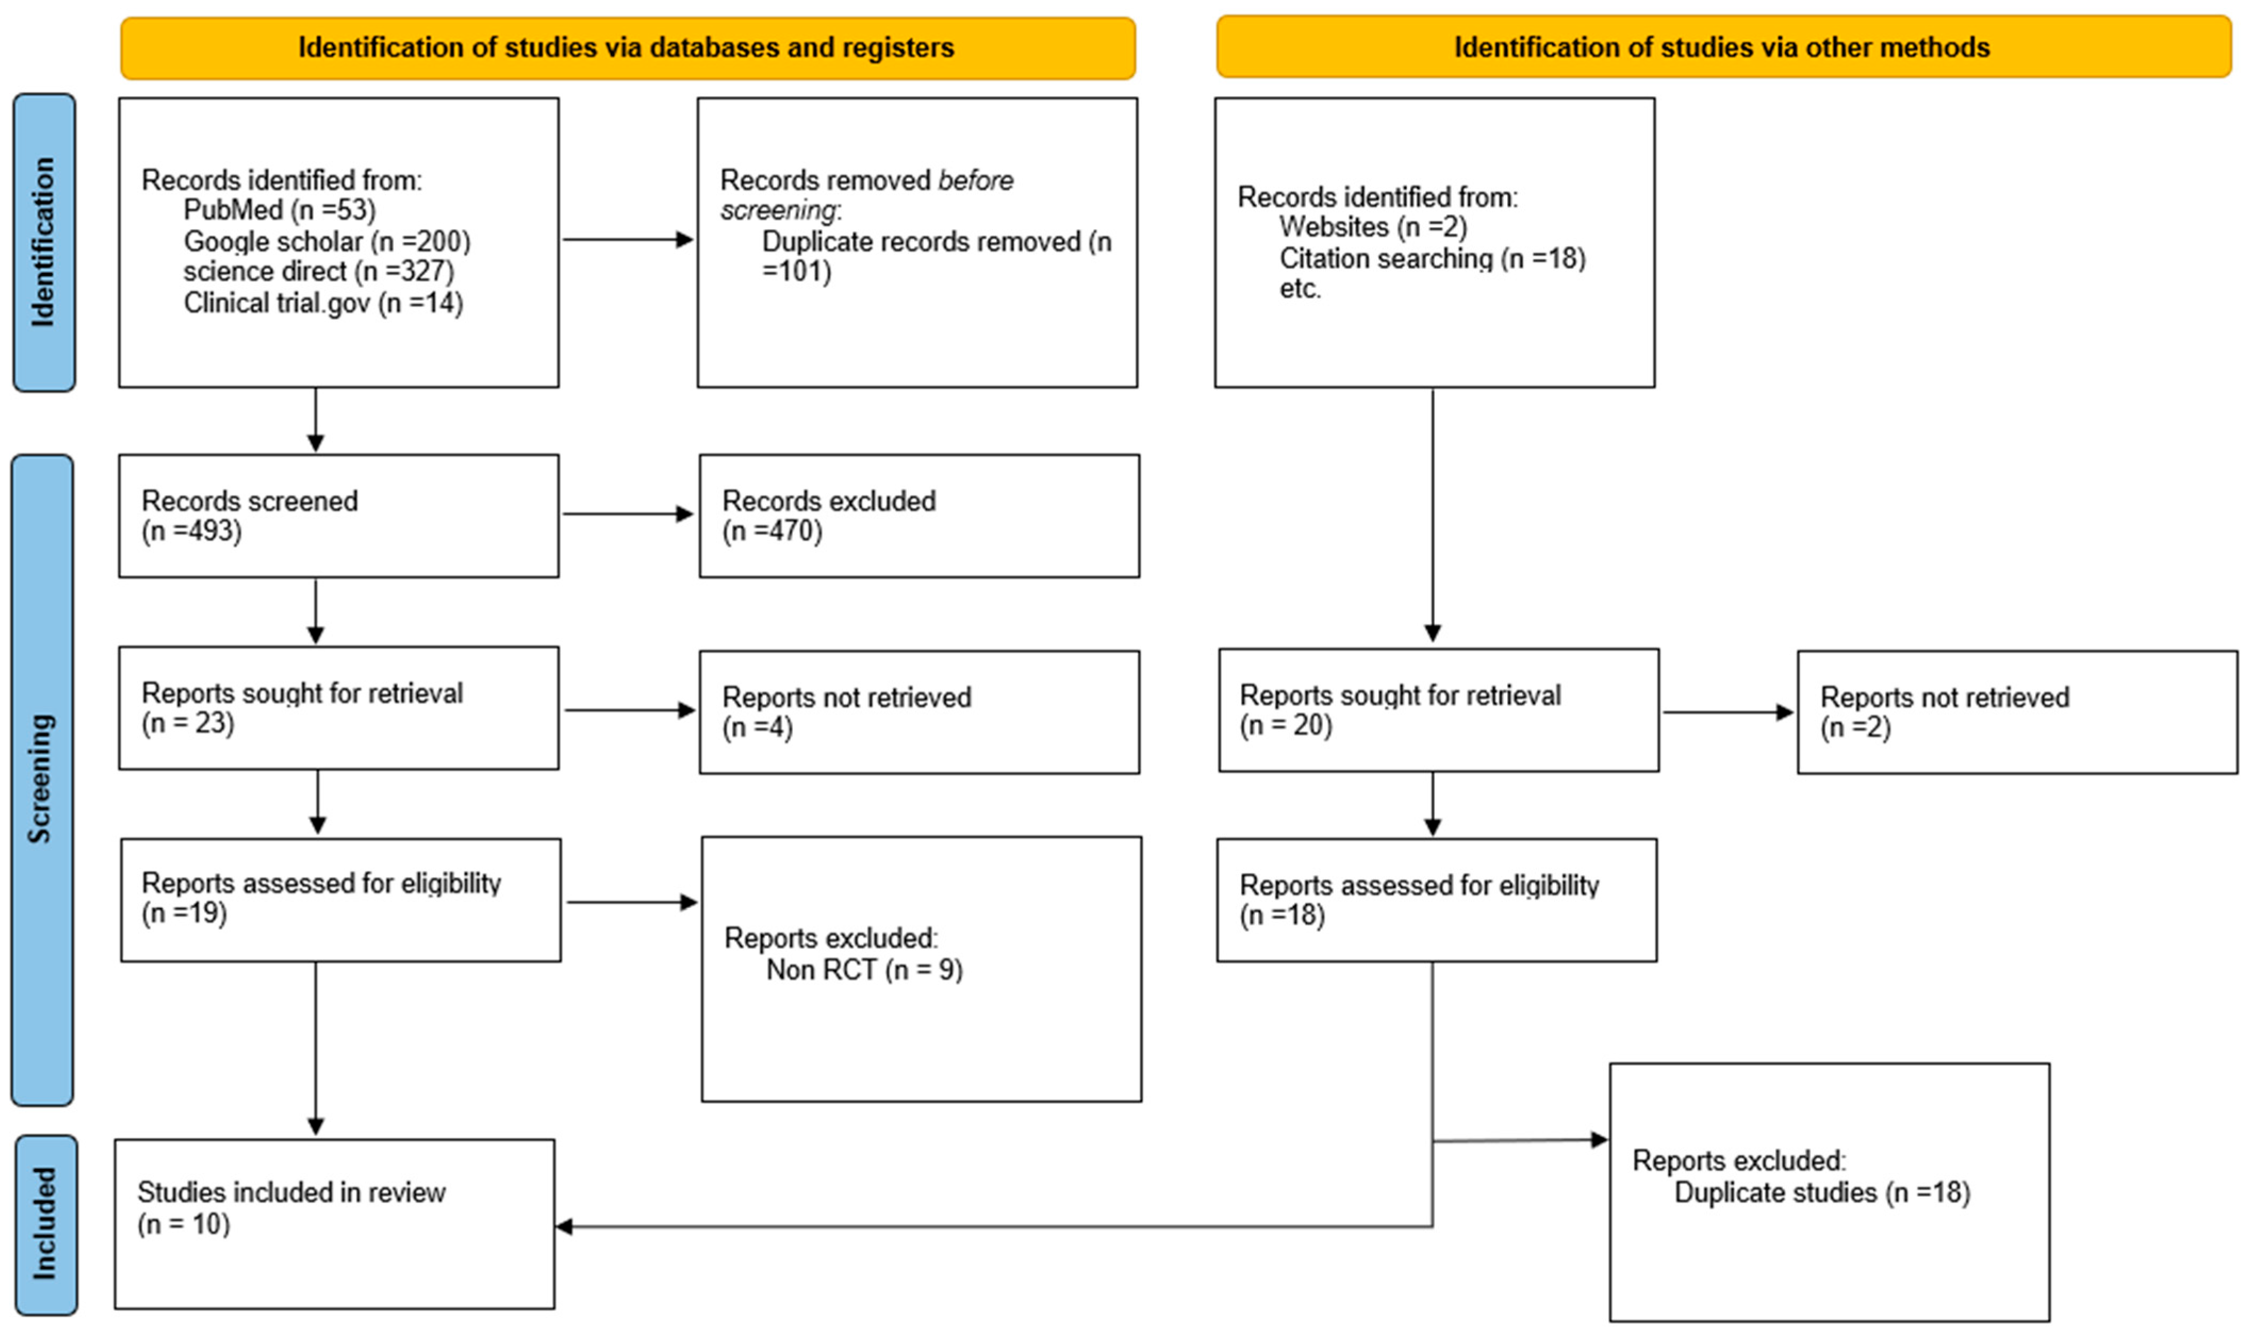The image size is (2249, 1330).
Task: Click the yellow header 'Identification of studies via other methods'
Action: pyautogui.click(x=1723, y=47)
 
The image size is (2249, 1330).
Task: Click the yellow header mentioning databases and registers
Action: pyautogui.click(x=627, y=47)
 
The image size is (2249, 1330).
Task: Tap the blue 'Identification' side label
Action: pyautogui.click(x=44, y=242)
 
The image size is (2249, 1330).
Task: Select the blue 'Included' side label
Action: pyautogui.click(x=46, y=1224)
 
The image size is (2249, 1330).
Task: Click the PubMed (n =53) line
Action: pyautogui.click(x=279, y=210)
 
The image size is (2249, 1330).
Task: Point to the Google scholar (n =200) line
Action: pyautogui.click(x=327, y=241)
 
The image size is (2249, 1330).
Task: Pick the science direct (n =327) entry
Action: pyautogui.click(x=319, y=271)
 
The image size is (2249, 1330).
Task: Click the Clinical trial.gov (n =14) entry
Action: pyautogui.click(x=324, y=303)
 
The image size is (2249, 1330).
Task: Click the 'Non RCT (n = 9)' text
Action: pyautogui.click(x=865, y=970)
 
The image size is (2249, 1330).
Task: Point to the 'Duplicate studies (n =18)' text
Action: pyautogui.click(x=1823, y=1192)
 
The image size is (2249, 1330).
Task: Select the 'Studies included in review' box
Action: pyautogui.click(x=334, y=1224)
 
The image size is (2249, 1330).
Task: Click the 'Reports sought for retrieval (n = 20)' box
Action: pyautogui.click(x=1438, y=710)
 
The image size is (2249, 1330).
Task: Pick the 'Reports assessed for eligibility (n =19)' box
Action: pyautogui.click(x=341, y=900)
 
